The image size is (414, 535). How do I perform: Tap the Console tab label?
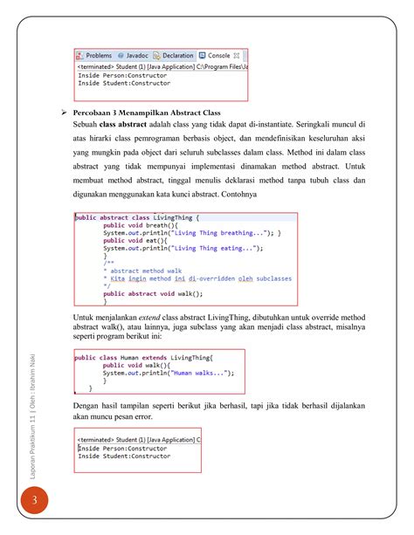pos(218,55)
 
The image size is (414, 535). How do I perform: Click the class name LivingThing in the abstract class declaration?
pos(174,217)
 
